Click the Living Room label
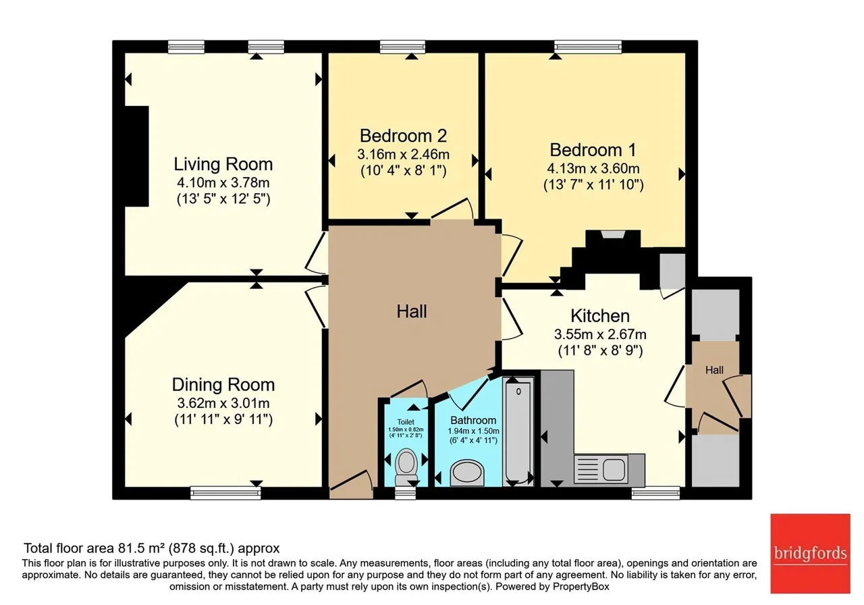pyautogui.click(x=223, y=164)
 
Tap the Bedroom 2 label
pyautogui.click(x=403, y=136)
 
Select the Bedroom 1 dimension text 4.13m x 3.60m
pyautogui.click(x=593, y=169)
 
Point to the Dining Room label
pyautogui.click(x=223, y=385)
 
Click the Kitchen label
pyautogui.click(x=600, y=316)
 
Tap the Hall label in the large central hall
pyautogui.click(x=412, y=311)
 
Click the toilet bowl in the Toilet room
pyautogui.click(x=406, y=466)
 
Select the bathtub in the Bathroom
pyautogui.click(x=518, y=431)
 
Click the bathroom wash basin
pyautogui.click(x=467, y=473)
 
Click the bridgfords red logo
pyautogui.click(x=811, y=553)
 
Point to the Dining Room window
pyautogui.click(x=225, y=493)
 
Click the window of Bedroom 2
pyautogui.click(x=403, y=47)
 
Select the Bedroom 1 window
pyautogui.click(x=588, y=47)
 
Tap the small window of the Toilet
pyautogui.click(x=406, y=493)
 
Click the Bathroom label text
pyautogui.click(x=473, y=420)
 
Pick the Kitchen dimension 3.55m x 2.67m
pyautogui.click(x=600, y=334)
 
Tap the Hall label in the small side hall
pyautogui.click(x=714, y=370)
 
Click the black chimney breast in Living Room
pyautogui.click(x=137, y=156)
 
